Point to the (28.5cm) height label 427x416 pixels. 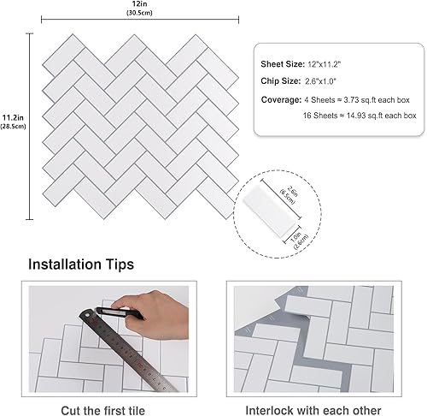(x=12, y=127)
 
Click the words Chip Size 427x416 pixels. (x=280, y=81)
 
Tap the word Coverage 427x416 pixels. (x=280, y=99)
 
